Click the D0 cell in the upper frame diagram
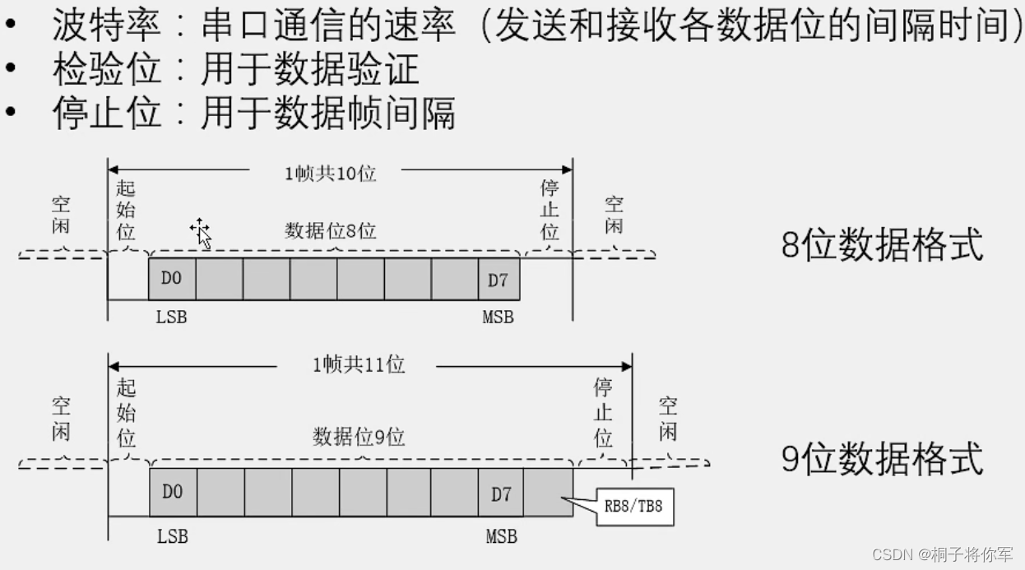pyautogui.click(x=171, y=279)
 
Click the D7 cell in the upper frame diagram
pyautogui.click(x=499, y=279)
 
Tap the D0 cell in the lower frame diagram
pyautogui.click(x=172, y=493)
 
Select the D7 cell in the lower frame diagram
pyautogui.click(x=501, y=494)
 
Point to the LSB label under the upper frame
pyautogui.click(x=171, y=317)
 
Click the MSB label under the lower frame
pyautogui.click(x=501, y=536)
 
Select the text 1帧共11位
pyautogui.click(x=359, y=364)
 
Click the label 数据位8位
pyautogui.click(x=331, y=231)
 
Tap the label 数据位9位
pyautogui.click(x=359, y=436)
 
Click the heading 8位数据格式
pyautogui.click(x=882, y=245)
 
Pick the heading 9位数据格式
pyautogui.click(x=882, y=458)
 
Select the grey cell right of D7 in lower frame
pyautogui.click(x=549, y=494)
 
